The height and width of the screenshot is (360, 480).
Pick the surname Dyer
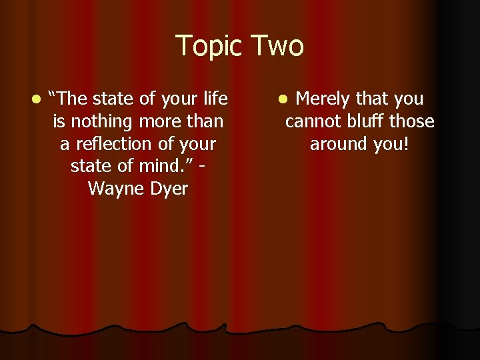(x=169, y=189)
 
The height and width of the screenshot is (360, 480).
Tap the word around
(x=339, y=144)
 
